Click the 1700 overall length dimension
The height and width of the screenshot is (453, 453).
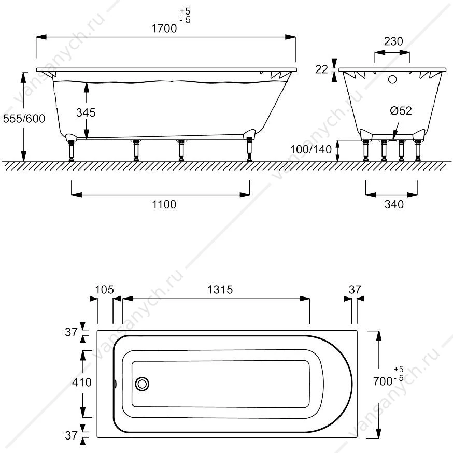(x=164, y=29)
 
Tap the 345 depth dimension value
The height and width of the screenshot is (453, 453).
(x=86, y=112)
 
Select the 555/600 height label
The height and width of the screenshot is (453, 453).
(x=24, y=119)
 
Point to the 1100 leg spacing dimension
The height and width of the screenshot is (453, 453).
(x=164, y=204)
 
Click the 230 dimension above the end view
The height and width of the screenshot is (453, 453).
(x=393, y=41)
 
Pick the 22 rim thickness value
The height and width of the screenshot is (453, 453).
(x=321, y=69)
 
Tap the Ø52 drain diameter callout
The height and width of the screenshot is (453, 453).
(x=401, y=110)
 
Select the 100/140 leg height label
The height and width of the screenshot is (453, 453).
(x=311, y=149)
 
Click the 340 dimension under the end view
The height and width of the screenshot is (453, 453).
(x=394, y=204)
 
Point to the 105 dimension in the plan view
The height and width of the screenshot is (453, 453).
(x=105, y=290)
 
